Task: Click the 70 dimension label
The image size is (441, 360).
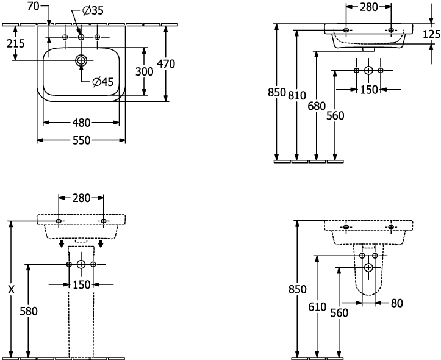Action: (33, 6)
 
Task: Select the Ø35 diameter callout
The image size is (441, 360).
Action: (93, 11)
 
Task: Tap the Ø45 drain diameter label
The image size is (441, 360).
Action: (102, 82)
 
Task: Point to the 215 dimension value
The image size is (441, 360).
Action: (16, 43)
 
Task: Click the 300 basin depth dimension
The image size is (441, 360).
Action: (145, 72)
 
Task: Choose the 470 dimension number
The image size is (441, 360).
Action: (166, 64)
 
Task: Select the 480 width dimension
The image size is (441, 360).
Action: (81, 123)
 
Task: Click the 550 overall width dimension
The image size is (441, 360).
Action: (82, 140)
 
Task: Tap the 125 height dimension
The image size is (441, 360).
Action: (432, 34)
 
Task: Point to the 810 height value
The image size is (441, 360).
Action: (296, 96)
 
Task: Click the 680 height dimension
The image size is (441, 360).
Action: (317, 106)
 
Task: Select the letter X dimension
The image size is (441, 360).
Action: (11, 290)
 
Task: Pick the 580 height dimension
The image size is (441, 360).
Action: (29, 311)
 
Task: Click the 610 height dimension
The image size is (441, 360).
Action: (317, 307)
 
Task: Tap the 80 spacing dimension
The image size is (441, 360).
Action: (397, 303)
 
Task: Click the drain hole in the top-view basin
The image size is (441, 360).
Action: (81, 60)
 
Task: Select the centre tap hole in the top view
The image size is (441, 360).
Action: (81, 37)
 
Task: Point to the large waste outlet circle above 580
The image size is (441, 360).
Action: (81, 264)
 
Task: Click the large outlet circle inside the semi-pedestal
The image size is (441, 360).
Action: (368, 267)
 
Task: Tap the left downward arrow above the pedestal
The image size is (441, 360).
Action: (62, 243)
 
